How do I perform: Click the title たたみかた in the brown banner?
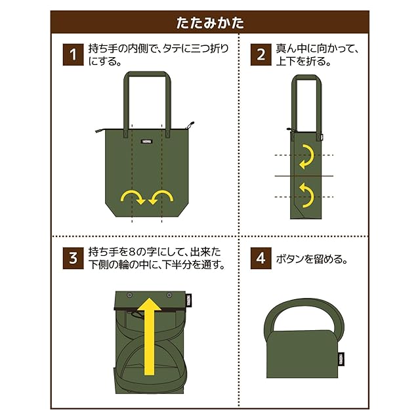210,22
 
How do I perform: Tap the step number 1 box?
73,54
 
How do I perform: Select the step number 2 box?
261,54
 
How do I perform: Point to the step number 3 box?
73,258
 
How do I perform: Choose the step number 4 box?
261,258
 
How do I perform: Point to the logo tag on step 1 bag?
147,142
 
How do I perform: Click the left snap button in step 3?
130,296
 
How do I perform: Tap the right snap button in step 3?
169,295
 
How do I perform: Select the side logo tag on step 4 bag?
341,359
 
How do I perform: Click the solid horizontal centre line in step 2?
304,176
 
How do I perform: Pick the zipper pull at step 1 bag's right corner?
190,125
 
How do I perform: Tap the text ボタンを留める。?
312,259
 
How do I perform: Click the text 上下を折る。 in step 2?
303,61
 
